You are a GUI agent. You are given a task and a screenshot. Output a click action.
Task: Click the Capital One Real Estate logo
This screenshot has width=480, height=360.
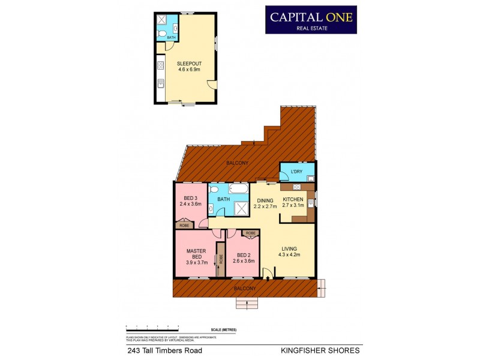point(311,20)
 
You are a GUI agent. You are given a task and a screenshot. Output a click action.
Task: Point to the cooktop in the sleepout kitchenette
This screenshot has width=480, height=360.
point(160,64)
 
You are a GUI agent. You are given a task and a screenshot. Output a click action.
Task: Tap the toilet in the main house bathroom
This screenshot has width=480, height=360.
point(214,189)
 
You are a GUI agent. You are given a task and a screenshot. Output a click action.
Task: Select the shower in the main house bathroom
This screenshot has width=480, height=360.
point(242,208)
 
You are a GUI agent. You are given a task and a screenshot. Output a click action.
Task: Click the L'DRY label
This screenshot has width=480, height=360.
point(296,173)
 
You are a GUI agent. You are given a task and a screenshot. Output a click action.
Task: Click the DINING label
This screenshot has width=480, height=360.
point(265,200)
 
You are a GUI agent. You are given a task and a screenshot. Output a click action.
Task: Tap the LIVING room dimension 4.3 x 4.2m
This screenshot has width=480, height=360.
point(289,254)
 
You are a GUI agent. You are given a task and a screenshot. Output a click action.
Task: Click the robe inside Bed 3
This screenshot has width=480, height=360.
point(184,226)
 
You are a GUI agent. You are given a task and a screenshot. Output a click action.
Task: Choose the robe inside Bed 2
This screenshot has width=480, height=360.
point(250,233)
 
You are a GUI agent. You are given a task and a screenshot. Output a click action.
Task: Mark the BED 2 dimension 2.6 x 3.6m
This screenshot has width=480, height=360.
point(243,261)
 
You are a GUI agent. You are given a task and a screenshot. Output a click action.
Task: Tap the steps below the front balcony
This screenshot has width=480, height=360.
point(247,304)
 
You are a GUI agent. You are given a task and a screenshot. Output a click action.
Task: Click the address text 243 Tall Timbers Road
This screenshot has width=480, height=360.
point(164,350)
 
